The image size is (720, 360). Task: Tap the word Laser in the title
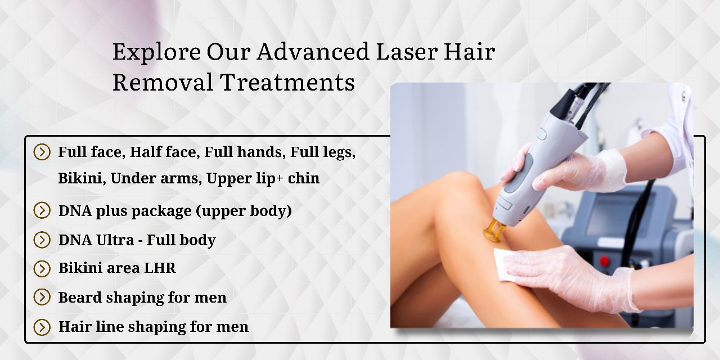point(407,51)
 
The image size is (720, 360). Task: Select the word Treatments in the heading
point(287,82)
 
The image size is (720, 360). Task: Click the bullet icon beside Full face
point(42,152)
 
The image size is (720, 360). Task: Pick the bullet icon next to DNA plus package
point(42,210)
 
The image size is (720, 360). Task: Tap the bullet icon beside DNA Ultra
point(42,240)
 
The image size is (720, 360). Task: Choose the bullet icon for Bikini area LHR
point(42,269)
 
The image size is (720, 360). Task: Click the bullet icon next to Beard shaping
point(42,298)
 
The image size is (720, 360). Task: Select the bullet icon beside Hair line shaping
point(42,327)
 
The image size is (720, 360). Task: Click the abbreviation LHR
point(160,268)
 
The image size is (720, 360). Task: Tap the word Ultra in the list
point(114,240)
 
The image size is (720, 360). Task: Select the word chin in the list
point(303,178)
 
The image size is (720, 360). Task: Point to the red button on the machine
point(604,260)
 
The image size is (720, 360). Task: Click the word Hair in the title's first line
point(469,51)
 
